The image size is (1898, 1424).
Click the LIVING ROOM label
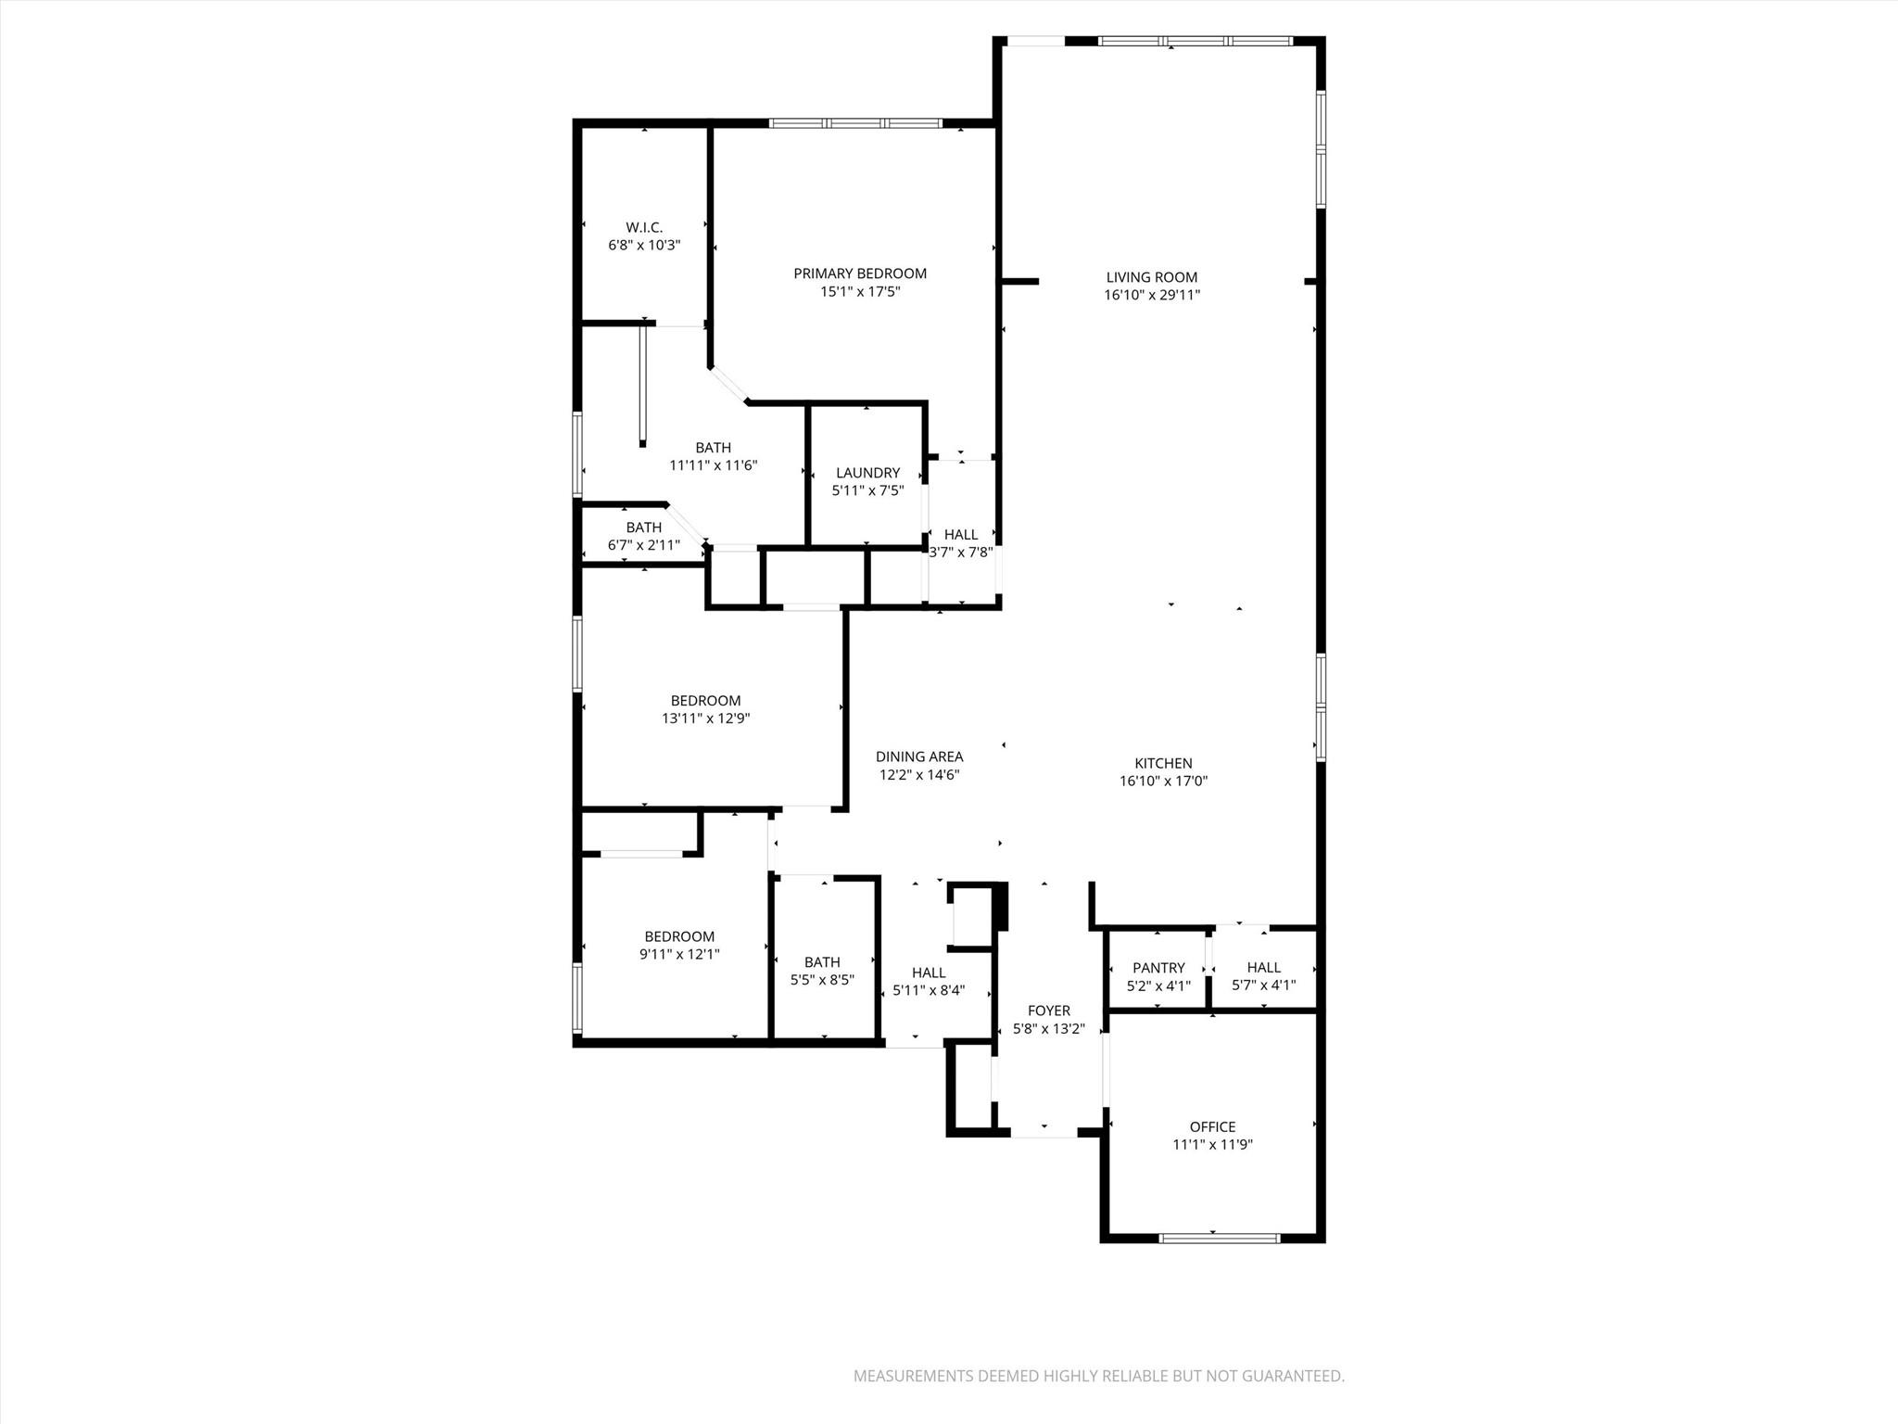(x=1151, y=277)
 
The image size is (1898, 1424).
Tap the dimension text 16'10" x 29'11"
(x=1151, y=296)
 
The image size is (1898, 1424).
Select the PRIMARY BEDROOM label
(x=860, y=273)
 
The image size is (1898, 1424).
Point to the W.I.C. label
(x=644, y=227)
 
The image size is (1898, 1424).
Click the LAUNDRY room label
(x=867, y=473)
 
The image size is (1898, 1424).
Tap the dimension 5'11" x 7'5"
(x=867, y=490)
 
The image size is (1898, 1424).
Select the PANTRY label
(x=1158, y=968)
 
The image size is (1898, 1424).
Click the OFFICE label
(x=1212, y=1126)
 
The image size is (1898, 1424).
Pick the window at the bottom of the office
(x=1219, y=1238)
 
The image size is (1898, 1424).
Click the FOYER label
(x=1048, y=1011)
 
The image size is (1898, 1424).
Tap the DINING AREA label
(x=919, y=757)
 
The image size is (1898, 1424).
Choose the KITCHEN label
(x=1163, y=763)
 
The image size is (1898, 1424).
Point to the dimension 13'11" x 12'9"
(x=705, y=718)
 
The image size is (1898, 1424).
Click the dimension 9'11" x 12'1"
(x=679, y=954)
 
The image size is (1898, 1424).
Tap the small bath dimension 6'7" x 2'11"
(x=643, y=545)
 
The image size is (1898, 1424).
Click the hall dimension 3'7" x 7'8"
(x=961, y=552)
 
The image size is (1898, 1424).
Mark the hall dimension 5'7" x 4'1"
(x=1263, y=985)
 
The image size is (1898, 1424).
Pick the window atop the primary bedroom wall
(x=855, y=123)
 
